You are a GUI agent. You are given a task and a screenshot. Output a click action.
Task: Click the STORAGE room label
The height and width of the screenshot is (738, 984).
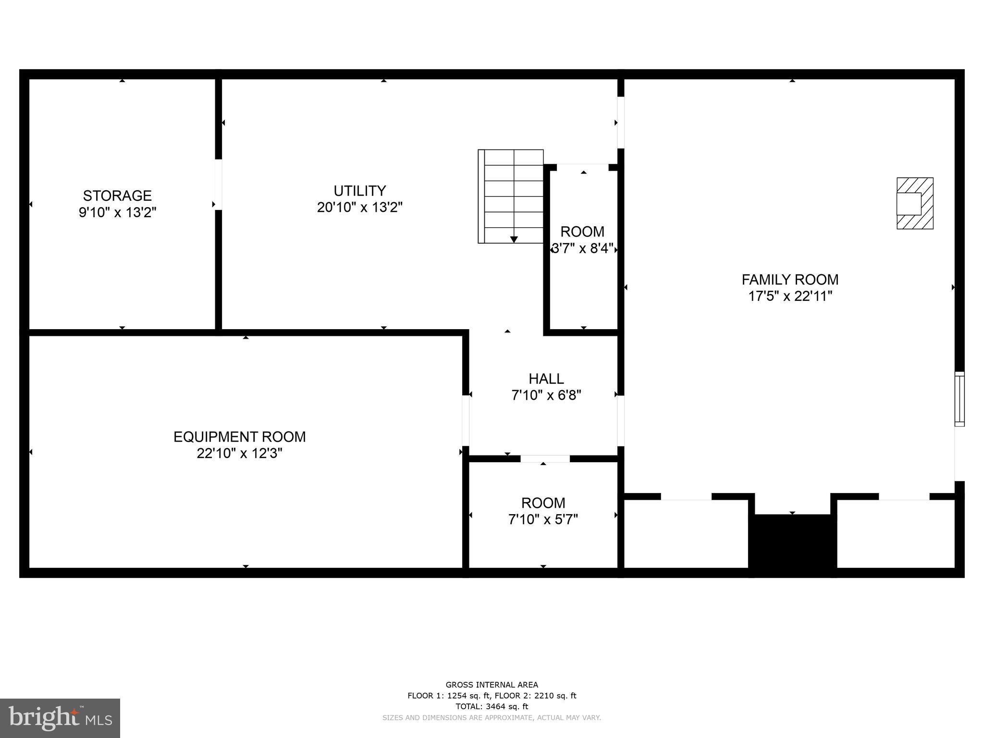click(117, 196)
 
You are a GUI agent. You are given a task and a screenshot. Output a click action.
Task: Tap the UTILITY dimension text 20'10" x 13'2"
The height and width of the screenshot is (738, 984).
click(359, 208)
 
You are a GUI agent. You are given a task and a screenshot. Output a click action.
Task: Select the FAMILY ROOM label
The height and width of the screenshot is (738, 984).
click(790, 280)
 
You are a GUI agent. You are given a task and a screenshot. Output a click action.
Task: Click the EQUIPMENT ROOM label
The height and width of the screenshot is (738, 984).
click(239, 437)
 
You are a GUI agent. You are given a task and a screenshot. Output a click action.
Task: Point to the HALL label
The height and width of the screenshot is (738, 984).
click(546, 379)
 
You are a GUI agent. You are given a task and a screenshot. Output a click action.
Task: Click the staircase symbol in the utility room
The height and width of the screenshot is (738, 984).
click(511, 196)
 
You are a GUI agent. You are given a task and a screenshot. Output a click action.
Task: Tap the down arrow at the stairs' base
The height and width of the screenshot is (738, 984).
click(514, 239)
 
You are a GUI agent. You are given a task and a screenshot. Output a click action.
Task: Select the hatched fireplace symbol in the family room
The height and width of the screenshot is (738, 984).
click(915, 203)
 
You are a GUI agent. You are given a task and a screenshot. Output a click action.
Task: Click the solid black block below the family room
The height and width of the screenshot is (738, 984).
click(792, 544)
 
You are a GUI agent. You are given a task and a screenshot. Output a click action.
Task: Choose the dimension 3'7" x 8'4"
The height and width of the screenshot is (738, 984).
click(582, 248)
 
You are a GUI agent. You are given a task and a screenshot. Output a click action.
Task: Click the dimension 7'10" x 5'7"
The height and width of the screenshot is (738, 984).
click(543, 519)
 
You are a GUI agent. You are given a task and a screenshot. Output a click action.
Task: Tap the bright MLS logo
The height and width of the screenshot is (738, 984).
click(60, 718)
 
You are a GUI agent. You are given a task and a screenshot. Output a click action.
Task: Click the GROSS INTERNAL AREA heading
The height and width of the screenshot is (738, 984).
click(492, 685)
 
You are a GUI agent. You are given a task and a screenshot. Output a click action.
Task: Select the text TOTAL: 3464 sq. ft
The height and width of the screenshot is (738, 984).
click(492, 706)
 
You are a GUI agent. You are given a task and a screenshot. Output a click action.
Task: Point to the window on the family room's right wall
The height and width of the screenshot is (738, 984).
click(959, 399)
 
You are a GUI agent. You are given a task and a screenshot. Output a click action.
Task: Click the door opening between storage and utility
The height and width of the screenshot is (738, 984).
click(218, 184)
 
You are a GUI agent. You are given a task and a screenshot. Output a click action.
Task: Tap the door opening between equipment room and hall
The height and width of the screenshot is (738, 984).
click(465, 420)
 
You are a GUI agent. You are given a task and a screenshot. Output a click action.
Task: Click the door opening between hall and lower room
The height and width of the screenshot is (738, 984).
click(545, 458)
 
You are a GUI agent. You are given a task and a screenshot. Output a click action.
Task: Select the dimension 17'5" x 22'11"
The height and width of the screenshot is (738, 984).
click(790, 296)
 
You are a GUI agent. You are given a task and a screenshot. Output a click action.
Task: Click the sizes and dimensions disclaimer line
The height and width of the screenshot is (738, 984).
click(492, 718)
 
